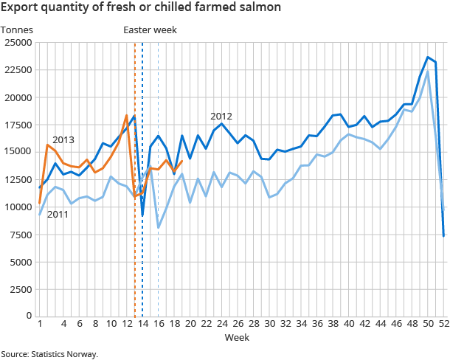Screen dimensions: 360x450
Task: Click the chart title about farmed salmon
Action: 139,9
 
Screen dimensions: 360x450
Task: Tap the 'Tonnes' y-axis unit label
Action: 16,30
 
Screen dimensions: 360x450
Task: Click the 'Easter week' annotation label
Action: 150,30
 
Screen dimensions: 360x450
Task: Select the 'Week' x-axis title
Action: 237,337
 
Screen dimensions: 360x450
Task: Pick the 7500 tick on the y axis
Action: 21,234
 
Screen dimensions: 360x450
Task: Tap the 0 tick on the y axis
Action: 29,316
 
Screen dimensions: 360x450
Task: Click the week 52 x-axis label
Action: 443,324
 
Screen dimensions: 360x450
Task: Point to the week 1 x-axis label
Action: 39,324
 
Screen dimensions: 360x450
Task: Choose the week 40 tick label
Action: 348,324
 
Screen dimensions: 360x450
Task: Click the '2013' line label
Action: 63,139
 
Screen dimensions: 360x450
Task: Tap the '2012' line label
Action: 221,117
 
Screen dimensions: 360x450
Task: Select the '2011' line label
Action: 58,215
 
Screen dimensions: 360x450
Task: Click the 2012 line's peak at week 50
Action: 428,57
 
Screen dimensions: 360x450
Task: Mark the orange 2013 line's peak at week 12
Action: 126,115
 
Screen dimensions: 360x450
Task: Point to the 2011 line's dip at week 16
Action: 159,227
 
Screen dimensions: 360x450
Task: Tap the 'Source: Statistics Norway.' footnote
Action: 49,354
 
